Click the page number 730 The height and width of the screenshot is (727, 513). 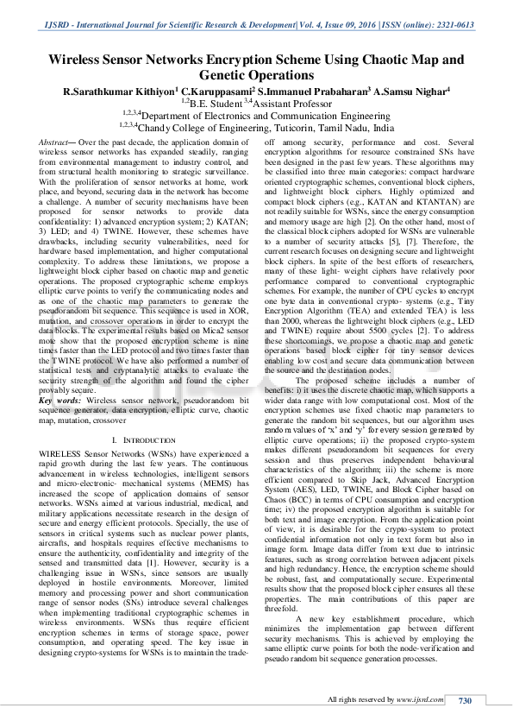[466, 700]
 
